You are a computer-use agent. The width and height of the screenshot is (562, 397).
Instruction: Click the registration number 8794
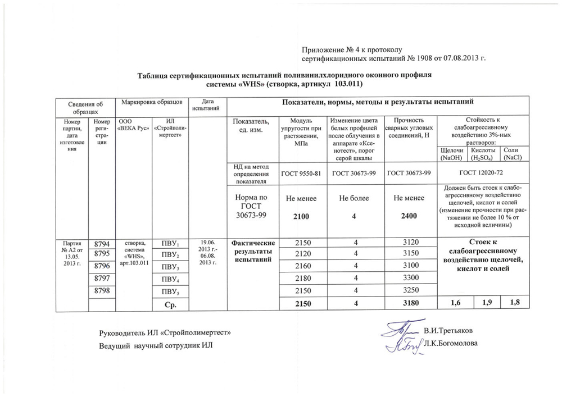(102, 244)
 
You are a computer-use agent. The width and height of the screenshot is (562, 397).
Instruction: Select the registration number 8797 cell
(102, 278)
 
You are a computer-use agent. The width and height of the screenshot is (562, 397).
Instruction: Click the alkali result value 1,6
(452, 304)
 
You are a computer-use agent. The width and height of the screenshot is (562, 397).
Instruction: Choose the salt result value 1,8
(515, 303)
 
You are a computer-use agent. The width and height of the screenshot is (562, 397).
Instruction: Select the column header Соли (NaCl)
(513, 154)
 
